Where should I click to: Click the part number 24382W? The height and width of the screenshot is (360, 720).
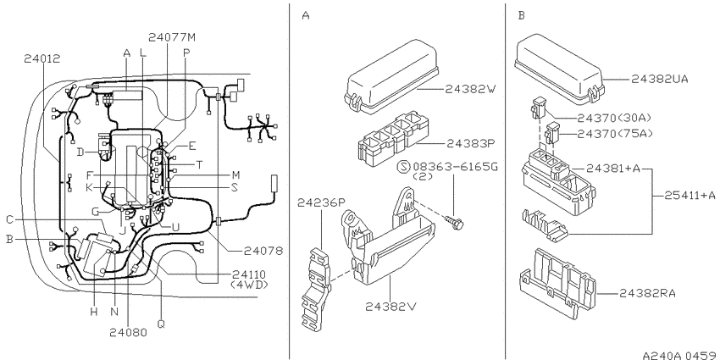(471, 89)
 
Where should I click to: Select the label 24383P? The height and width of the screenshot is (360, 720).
(472, 144)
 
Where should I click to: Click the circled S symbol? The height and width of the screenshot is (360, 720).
(403, 166)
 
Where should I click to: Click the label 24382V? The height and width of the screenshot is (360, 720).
(390, 306)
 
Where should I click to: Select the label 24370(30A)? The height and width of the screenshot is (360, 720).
(614, 118)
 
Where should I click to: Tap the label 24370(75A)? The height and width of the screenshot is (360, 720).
(614, 134)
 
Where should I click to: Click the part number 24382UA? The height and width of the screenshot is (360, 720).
(659, 79)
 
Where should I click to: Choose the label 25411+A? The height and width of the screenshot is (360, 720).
(690, 195)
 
